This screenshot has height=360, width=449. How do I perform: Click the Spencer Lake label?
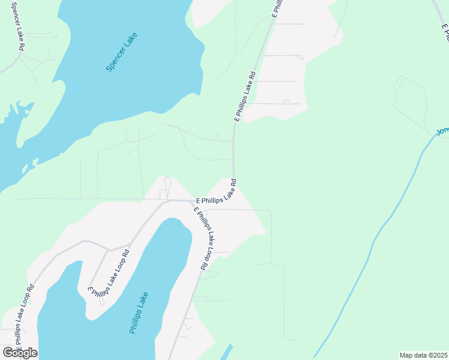[122, 52]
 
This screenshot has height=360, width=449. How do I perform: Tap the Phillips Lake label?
[139, 313]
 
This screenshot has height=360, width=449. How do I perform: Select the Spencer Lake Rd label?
[17, 29]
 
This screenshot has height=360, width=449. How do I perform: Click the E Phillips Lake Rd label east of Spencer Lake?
[245, 97]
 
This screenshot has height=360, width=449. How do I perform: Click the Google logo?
[20, 352]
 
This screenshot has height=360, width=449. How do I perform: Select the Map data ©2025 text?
[424, 355]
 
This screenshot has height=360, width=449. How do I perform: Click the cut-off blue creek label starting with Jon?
[442, 130]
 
